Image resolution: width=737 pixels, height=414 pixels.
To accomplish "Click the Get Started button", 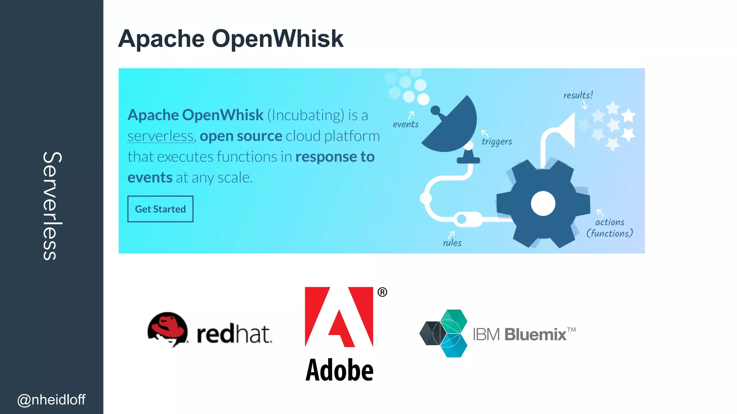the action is click(160, 209).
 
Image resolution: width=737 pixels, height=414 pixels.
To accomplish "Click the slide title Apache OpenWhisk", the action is click(231, 38).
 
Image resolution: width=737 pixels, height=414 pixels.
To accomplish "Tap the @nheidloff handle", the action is click(51, 400).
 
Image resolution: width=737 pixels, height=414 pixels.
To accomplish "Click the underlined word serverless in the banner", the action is click(161, 136).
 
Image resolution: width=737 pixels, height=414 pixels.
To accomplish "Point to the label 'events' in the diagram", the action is click(406, 124).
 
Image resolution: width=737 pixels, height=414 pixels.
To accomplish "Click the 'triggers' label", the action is click(497, 142).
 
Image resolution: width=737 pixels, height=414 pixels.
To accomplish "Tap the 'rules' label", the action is click(452, 243).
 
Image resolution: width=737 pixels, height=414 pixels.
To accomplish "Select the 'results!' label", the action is click(578, 95).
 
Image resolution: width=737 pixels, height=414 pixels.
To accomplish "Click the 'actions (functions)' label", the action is click(610, 228).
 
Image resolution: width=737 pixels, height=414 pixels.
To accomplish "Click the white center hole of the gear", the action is click(543, 203).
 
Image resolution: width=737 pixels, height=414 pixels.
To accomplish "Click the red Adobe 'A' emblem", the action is click(339, 317).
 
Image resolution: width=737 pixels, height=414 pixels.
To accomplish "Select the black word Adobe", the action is click(339, 370).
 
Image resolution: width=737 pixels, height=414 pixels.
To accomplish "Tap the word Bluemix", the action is click(535, 335).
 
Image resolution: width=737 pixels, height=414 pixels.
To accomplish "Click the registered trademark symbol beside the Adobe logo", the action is click(382, 292).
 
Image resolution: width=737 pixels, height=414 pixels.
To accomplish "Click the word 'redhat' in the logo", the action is click(234, 334).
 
